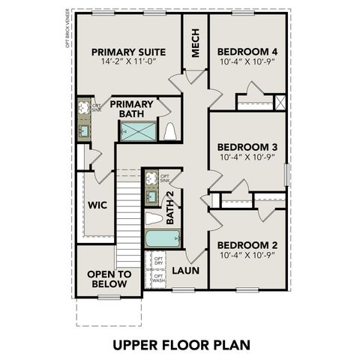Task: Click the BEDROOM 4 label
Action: coord(247,52)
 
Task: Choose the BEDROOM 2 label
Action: coord(247,245)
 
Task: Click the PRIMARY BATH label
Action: coord(132,109)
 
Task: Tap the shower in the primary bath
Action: coord(139,132)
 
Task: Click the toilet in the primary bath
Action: coord(170,131)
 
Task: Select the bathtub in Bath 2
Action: coord(162,240)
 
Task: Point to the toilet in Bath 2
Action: coord(154,218)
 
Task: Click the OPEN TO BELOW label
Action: coord(109,279)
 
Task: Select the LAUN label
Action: coord(184,271)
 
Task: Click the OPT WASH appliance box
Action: coord(158,279)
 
